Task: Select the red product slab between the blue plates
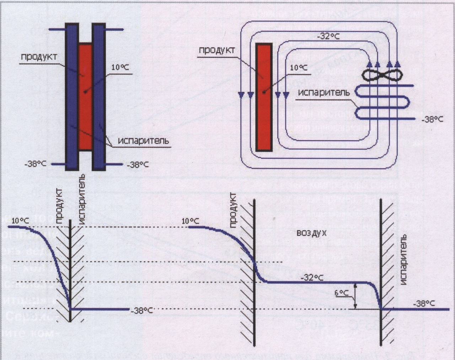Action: tap(85, 96)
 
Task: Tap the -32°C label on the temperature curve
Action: tap(312, 277)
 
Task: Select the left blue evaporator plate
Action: tap(71, 96)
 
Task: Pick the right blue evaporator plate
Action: tap(99, 96)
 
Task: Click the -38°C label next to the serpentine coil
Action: tap(432, 120)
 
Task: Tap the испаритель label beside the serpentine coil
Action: tap(324, 92)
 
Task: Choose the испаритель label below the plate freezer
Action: tap(144, 141)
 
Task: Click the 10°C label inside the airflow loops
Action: tap(299, 68)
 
